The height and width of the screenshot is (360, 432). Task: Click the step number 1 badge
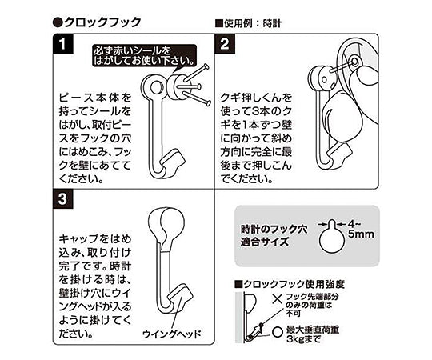click(x=63, y=43)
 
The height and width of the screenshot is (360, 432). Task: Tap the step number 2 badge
click(x=225, y=43)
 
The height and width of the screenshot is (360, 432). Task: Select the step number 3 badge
click(x=63, y=199)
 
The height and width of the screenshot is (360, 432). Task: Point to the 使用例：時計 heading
click(x=248, y=24)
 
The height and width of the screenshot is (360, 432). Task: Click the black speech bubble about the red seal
click(x=144, y=56)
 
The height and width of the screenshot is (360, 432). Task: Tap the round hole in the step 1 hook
click(x=157, y=87)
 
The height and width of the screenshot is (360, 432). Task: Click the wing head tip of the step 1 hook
click(x=175, y=162)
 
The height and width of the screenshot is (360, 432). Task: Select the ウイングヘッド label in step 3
click(x=171, y=334)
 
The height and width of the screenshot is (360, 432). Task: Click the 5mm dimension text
click(x=361, y=234)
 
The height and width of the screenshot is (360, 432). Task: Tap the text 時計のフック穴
click(x=274, y=229)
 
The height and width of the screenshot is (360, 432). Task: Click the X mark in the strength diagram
click(x=277, y=298)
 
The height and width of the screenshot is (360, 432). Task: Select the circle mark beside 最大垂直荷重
click(x=278, y=331)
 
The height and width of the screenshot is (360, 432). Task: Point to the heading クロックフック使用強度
click(x=290, y=284)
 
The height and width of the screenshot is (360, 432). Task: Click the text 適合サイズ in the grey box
click(x=265, y=242)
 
